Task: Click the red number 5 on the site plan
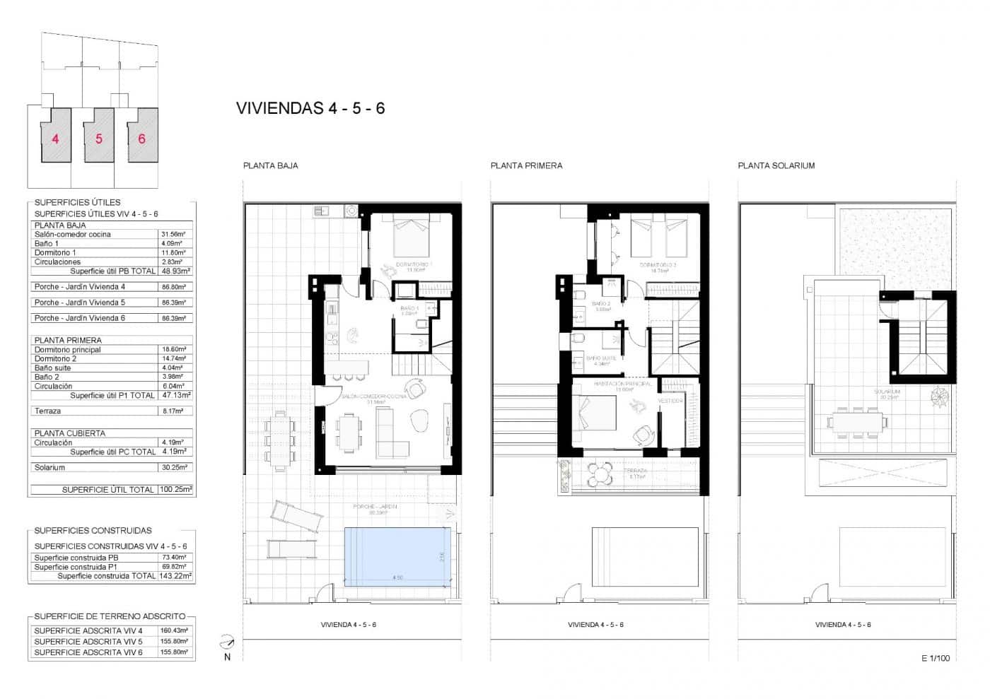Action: (x=99, y=139)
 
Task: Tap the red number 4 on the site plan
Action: (x=56, y=139)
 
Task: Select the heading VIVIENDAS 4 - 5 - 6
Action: (x=310, y=108)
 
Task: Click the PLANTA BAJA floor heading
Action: (x=270, y=165)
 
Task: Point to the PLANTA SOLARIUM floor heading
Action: (x=776, y=165)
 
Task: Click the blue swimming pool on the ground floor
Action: (x=397, y=556)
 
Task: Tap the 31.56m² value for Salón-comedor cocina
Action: (x=173, y=234)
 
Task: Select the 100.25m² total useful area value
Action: (x=175, y=489)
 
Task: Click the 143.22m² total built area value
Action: (x=175, y=576)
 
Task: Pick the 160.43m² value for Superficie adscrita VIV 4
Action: (x=175, y=630)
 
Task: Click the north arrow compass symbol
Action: (x=227, y=642)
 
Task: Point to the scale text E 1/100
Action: (x=936, y=658)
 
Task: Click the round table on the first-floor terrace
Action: (x=600, y=474)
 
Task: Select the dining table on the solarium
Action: (x=856, y=422)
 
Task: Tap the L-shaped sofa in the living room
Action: (x=391, y=433)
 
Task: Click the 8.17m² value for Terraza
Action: (x=173, y=411)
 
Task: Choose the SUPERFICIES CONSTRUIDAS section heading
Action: (x=93, y=530)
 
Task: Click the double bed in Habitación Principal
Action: (x=595, y=412)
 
